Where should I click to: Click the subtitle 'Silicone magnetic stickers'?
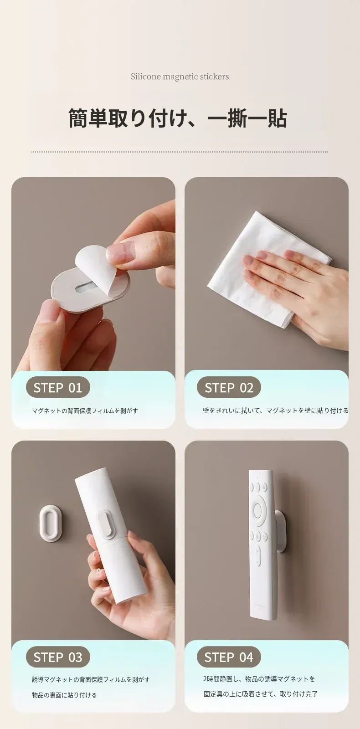click(x=180, y=77)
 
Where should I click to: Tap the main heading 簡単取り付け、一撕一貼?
click(x=178, y=118)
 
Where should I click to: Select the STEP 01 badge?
click(x=58, y=387)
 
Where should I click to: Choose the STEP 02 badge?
click(x=229, y=387)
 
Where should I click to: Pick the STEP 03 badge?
click(x=58, y=657)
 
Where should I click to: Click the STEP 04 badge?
click(x=229, y=657)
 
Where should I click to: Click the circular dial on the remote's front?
click(x=258, y=511)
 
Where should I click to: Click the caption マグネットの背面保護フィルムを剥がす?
click(x=85, y=411)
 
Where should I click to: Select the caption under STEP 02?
click(x=275, y=411)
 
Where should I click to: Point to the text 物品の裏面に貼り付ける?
click(x=64, y=695)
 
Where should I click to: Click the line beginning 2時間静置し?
click(x=259, y=678)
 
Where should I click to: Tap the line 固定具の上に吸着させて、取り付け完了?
click(x=261, y=694)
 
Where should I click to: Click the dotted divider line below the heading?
click(x=180, y=152)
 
